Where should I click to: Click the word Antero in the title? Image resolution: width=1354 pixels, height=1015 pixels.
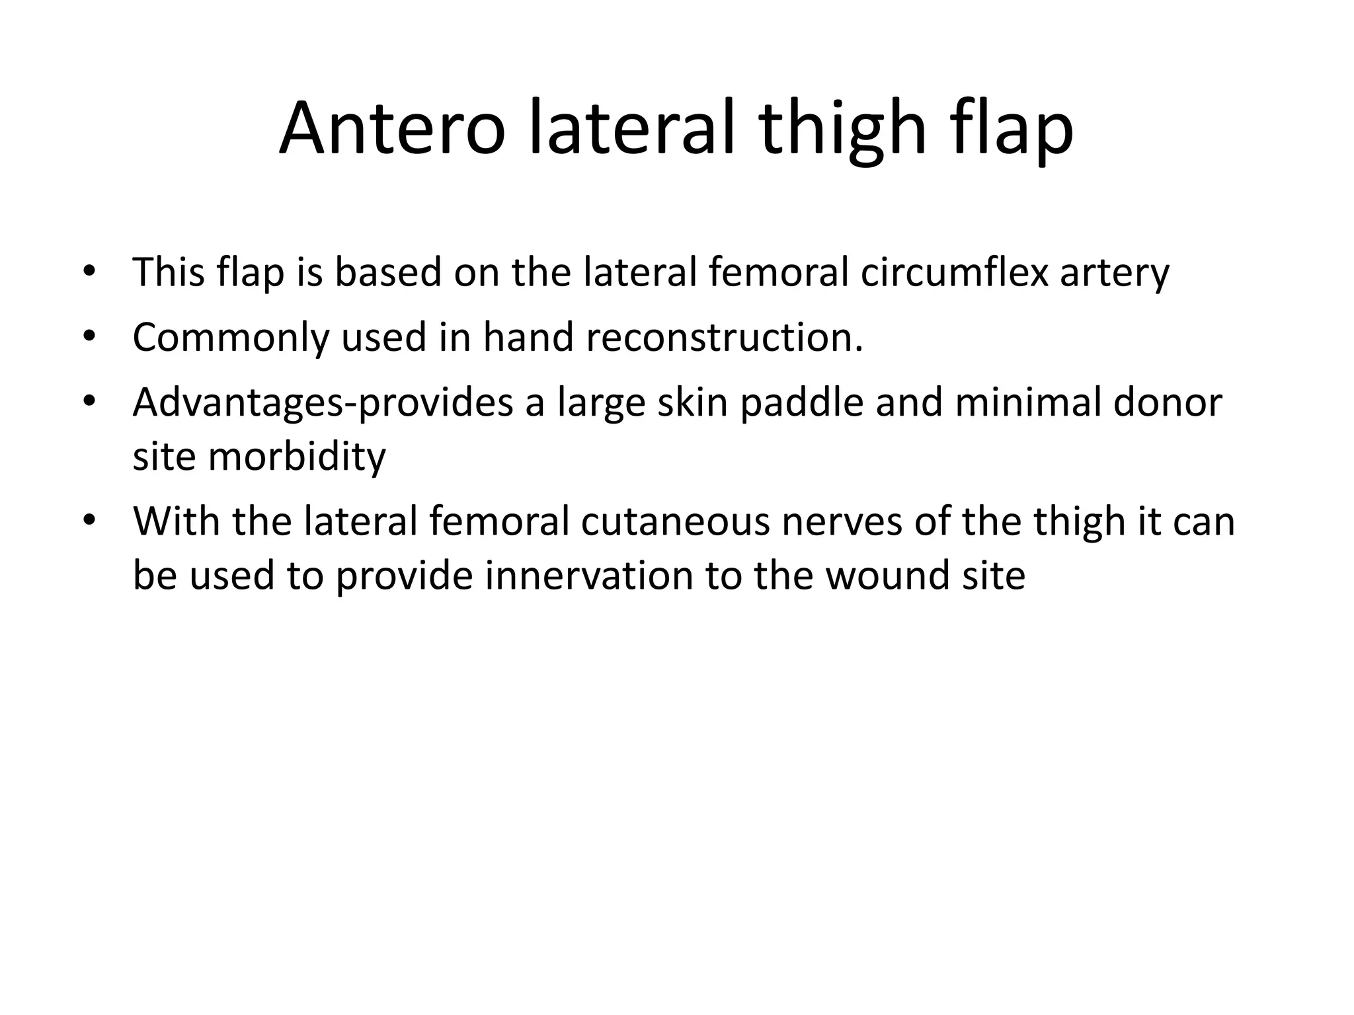pos(392,128)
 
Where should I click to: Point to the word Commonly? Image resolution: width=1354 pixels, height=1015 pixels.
pos(230,338)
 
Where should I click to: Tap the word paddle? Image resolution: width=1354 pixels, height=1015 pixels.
pos(801,403)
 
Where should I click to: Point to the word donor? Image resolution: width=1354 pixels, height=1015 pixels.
pos(1168,402)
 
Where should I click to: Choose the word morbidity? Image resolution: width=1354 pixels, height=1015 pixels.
pos(297,456)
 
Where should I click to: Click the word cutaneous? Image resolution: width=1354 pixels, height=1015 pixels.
pos(676,521)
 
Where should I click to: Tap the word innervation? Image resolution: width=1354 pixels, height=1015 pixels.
pos(589,575)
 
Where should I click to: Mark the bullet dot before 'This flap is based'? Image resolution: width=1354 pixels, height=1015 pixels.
pos(90,272)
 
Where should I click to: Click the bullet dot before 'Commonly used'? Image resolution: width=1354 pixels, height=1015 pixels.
pos(90,338)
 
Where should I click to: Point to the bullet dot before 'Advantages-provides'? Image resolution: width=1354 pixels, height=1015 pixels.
pos(90,402)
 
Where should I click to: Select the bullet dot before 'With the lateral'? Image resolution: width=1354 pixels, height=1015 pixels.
pos(90,521)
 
